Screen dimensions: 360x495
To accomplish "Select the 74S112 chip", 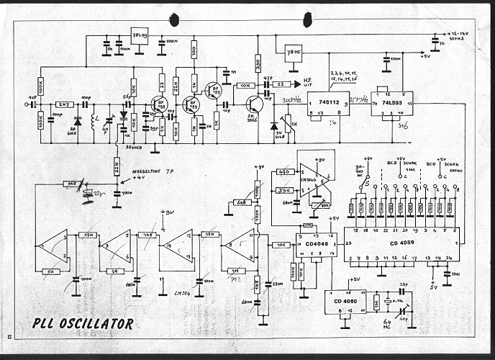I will coord(327,104).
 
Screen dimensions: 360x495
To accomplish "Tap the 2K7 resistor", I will coord(63,104).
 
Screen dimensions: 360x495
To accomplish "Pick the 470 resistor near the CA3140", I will coord(283,172).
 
